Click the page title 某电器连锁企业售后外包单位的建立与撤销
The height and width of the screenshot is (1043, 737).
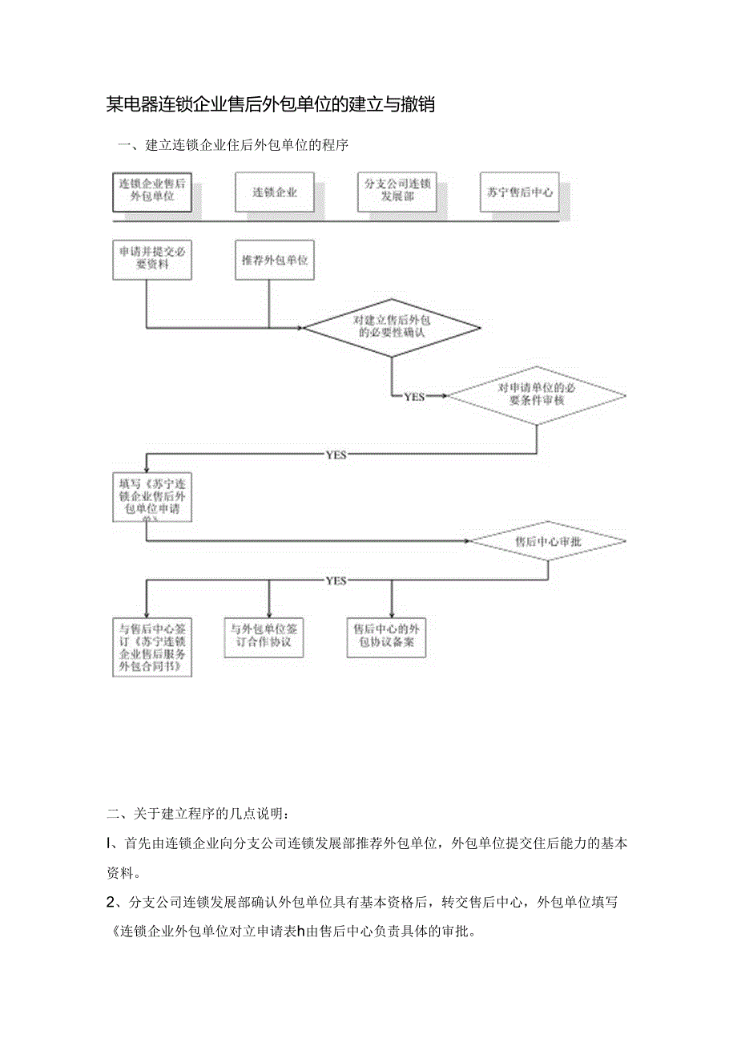(271, 104)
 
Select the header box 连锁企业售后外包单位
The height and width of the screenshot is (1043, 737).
(152, 190)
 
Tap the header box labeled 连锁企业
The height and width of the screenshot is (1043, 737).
(275, 192)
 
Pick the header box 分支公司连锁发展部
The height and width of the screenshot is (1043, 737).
(397, 191)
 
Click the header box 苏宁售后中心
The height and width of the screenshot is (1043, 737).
(519, 192)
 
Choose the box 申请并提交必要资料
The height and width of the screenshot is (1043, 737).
(152, 258)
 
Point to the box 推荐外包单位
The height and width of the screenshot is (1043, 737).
(275, 260)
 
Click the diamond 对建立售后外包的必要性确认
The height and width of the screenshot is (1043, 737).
(392, 326)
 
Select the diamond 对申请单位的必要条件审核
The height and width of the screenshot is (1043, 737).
(536, 394)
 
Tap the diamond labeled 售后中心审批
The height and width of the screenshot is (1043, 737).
(548, 542)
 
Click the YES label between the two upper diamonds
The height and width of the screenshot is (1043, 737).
(414, 396)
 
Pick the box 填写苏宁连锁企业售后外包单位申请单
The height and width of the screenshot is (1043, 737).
(152, 498)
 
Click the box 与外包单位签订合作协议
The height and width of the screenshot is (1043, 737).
(264, 637)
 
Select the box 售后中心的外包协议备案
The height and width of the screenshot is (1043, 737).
(386, 637)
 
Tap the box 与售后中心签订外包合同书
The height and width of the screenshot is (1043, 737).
(152, 647)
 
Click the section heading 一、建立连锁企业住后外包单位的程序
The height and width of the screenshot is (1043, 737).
(233, 145)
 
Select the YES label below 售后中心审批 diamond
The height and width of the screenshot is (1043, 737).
(336, 580)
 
